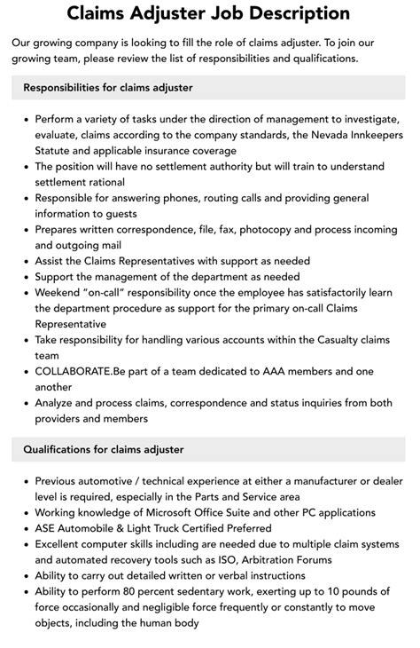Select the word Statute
coord(55,151)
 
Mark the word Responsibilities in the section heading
coord(64,88)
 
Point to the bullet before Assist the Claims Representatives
coord(26,261)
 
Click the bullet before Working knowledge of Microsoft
coord(26,512)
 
